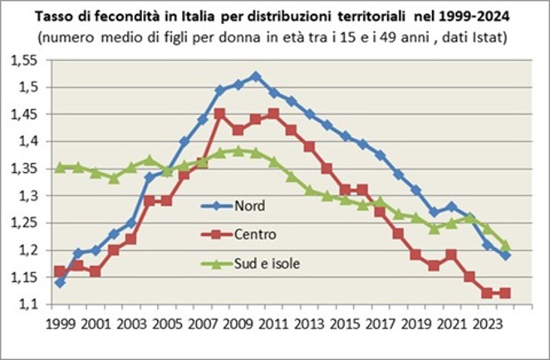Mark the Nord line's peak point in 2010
point(256,76)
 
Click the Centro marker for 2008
point(219,114)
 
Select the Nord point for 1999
point(60,283)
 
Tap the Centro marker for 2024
point(505,293)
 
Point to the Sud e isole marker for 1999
point(60,167)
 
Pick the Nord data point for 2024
point(505,255)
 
